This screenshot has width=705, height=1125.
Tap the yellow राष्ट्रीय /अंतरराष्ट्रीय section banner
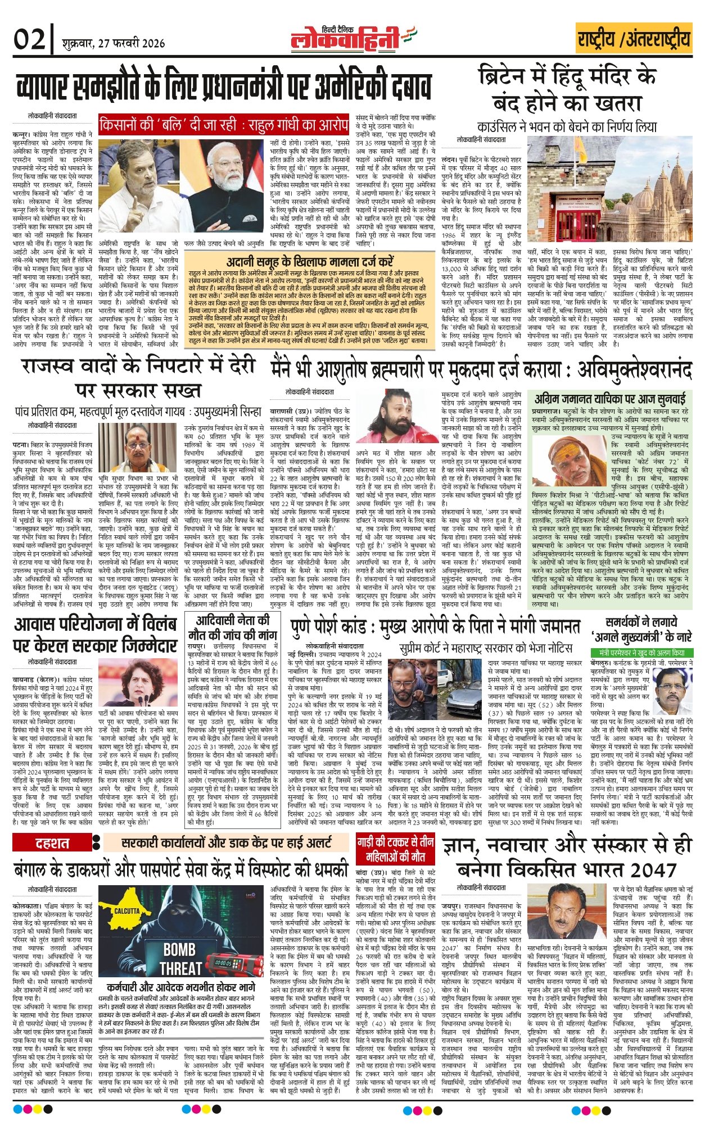(x=633, y=40)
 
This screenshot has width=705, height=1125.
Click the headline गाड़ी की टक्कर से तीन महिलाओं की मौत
(x=395, y=849)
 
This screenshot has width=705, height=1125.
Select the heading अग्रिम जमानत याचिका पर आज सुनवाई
(x=610, y=399)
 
